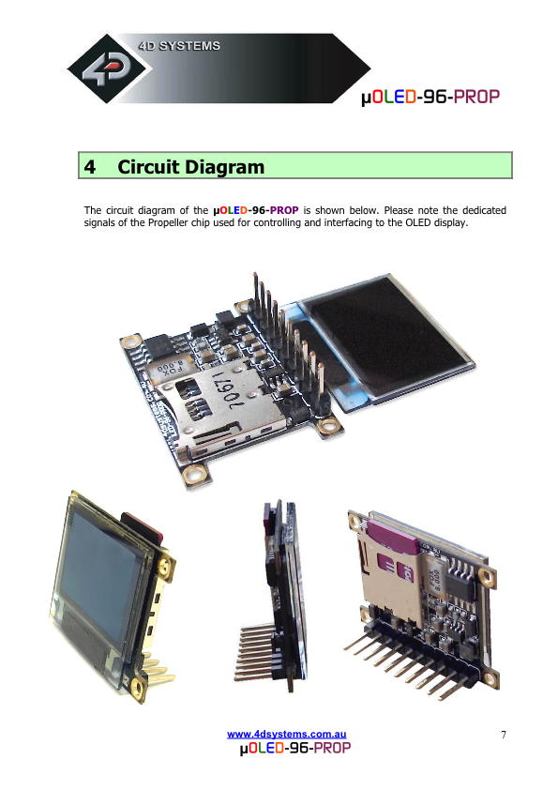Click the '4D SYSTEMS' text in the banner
179,46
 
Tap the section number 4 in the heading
90,167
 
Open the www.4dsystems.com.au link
287,735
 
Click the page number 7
503,735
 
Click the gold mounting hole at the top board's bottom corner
194,474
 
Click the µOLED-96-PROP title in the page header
430,97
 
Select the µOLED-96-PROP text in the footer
295,748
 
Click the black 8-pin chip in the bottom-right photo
460,584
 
